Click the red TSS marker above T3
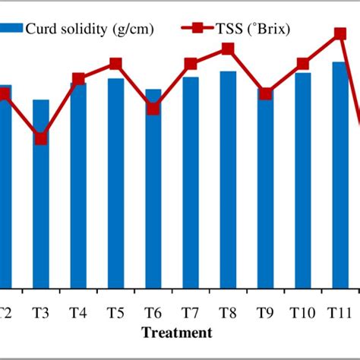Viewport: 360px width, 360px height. (x=41, y=138)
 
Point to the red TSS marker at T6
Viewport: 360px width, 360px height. (x=153, y=108)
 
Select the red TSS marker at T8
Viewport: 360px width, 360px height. (x=228, y=49)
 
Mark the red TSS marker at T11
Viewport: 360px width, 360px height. (x=340, y=33)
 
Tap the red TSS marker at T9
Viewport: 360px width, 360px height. (x=265, y=94)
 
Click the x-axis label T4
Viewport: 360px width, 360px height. (x=78, y=311)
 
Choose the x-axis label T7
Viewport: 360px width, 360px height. (x=191, y=311)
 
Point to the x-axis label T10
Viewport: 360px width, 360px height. (x=302, y=311)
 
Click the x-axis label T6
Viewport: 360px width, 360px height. (x=153, y=311)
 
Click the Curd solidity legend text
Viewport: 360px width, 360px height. (x=90, y=28)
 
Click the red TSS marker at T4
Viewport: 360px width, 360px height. (x=78, y=78)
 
